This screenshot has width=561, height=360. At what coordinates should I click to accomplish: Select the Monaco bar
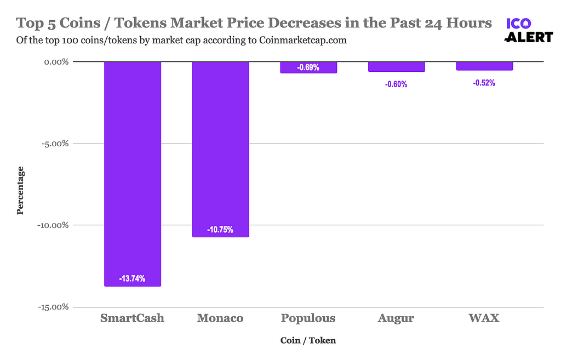point(220,148)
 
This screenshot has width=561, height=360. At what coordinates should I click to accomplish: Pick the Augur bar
point(396,66)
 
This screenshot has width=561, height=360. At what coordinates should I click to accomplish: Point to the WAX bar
point(484,66)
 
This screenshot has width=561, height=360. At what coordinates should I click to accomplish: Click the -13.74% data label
point(132,279)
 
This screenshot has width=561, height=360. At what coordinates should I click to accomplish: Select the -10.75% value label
point(220,230)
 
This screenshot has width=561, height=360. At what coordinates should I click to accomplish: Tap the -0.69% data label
point(308,67)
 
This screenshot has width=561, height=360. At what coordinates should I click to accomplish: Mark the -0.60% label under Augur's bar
point(396,84)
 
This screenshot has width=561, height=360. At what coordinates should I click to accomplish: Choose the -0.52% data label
point(484,83)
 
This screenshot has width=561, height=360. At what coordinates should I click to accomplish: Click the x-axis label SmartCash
point(132,318)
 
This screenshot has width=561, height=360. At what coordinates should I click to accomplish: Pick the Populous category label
point(308,318)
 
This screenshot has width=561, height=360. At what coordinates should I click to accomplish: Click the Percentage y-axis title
point(20,190)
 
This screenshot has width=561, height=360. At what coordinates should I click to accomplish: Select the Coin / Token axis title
point(308,340)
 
